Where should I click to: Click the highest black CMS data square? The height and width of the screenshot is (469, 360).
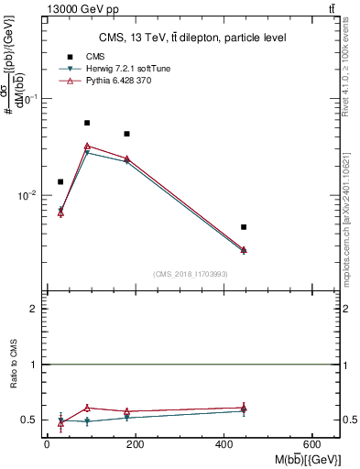pyautogui.click(x=87, y=123)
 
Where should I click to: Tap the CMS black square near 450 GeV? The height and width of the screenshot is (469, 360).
pyautogui.click(x=244, y=226)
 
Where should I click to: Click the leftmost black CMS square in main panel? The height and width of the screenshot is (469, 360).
pyautogui.click(x=60, y=181)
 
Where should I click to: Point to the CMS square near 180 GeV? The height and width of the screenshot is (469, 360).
pyautogui.click(x=127, y=134)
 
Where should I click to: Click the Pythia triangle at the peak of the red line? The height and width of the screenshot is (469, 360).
pyautogui.click(x=87, y=146)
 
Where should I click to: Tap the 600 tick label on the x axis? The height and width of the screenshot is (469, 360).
pyautogui.click(x=314, y=445)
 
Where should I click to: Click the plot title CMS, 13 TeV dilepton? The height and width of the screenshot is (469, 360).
pyautogui.click(x=192, y=38)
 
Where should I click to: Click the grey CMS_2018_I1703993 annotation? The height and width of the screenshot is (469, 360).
pyautogui.click(x=191, y=274)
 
